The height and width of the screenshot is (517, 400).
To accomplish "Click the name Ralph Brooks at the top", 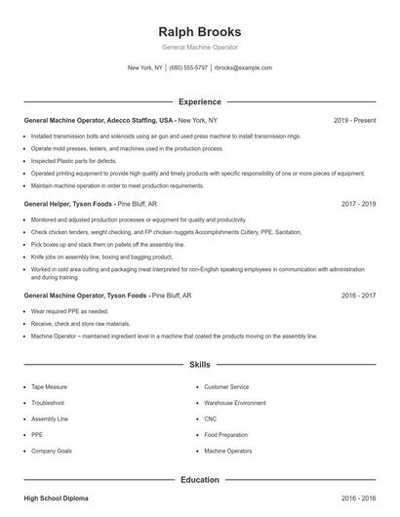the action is (199, 31).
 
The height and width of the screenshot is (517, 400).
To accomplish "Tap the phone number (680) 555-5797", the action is (188, 68).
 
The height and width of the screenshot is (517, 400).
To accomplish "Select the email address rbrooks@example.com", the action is (242, 68).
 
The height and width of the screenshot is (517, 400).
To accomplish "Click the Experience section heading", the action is (199, 101).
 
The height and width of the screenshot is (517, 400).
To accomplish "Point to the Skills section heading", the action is (199, 365).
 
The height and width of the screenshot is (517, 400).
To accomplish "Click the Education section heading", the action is (199, 480).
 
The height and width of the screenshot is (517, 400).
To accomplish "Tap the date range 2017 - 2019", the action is (358, 204).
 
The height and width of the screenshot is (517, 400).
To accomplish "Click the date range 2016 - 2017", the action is (358, 294).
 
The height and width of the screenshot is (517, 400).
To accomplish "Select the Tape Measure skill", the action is (49, 386).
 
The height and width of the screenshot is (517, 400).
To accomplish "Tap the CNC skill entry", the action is (210, 418).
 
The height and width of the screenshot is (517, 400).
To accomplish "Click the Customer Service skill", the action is (226, 386).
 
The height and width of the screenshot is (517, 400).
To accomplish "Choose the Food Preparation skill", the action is (226, 435).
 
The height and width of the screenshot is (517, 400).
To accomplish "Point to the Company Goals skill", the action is (52, 452).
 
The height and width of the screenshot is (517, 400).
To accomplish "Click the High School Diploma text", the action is (56, 498).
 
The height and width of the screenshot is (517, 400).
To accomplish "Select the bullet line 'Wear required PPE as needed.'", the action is (71, 311).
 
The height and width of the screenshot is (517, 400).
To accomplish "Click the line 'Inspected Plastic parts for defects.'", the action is (74, 160).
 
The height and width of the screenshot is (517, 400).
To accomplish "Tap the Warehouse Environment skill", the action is (234, 402).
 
